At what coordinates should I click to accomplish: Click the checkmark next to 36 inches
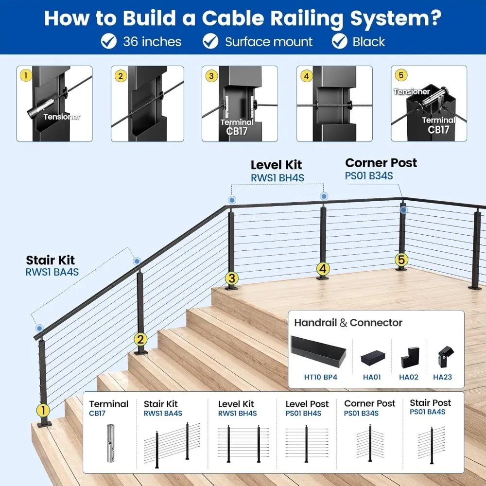coord(109,41)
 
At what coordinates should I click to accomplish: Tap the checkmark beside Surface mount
coord(211,41)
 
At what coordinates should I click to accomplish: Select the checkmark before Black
coord(340,41)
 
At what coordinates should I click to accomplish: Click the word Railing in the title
coord(307,18)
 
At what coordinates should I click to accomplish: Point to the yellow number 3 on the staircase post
coord(231,278)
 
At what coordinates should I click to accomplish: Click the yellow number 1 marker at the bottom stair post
coord(43,410)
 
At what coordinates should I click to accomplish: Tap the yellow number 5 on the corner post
coord(401,260)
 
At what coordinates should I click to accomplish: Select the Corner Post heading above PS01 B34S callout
coord(381,163)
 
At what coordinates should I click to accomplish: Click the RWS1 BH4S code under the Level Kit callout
coord(278,178)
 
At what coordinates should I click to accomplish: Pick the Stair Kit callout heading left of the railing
coord(50,260)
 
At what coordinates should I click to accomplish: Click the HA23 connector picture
coord(445,356)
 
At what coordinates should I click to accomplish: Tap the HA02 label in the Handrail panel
coord(409,377)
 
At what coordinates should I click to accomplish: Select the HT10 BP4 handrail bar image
coord(318,352)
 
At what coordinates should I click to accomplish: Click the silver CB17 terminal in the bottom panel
coord(111,443)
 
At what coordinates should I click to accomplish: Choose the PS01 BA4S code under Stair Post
coord(427,412)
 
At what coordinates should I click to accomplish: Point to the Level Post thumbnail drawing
coord(307,444)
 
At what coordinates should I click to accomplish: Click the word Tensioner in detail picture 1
coord(62,117)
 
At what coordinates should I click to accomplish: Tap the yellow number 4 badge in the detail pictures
coord(306,76)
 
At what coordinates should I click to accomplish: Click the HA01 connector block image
coord(373,358)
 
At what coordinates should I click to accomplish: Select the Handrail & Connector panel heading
coord(348,323)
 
